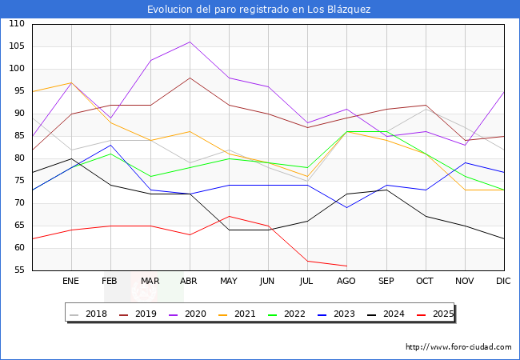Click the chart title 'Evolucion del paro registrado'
pos(259,9)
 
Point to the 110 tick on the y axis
pos(17,24)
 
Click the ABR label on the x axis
pos(189,282)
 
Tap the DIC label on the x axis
pos(503,282)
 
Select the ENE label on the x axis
pos(71,282)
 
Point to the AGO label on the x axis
pos(346,282)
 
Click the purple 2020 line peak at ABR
pos(190,42)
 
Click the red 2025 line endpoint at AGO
pos(346,266)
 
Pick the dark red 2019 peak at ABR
pos(190,78)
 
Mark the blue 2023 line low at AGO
pos(346,207)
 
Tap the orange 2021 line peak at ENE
pos(71,82)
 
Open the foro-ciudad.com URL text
pos(458,347)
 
